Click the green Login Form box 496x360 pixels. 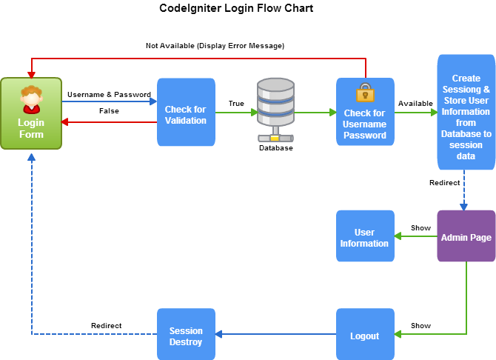31,113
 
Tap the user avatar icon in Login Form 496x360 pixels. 31,99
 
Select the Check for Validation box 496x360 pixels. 186,112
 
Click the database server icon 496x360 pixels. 275,109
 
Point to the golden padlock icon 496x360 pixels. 365,93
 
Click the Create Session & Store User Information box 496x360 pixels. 466,112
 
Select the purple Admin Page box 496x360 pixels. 466,236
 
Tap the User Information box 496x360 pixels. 365,236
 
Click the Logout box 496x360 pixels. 365,335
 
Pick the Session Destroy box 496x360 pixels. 186,335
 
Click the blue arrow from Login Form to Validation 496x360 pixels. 110,101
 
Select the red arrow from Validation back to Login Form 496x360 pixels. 110,122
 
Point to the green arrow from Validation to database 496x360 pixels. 236,113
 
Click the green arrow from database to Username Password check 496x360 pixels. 315,113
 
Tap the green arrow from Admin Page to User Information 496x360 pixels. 415,236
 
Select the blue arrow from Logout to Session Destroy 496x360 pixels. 275,335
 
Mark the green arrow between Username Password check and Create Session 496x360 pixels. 415,113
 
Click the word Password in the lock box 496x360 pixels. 365,136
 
